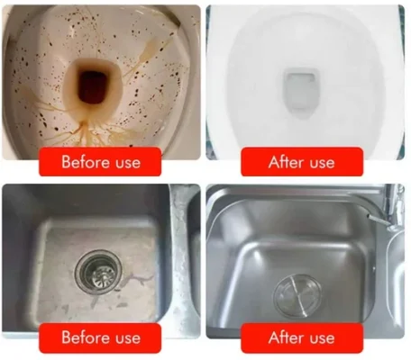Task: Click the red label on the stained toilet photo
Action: [x=101, y=163]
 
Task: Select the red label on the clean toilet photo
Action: [x=303, y=163]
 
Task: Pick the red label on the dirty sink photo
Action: [x=101, y=337]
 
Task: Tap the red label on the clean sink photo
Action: [x=303, y=337]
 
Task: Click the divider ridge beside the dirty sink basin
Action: [x=179, y=261]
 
